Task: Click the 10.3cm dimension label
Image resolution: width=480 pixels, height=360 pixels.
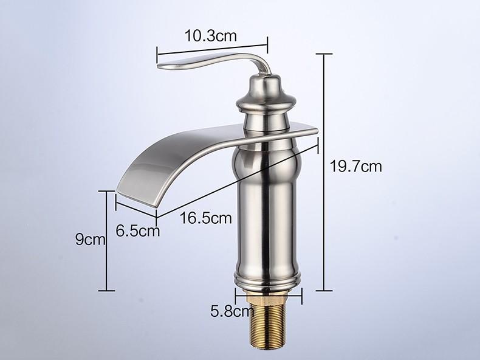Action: (210, 36)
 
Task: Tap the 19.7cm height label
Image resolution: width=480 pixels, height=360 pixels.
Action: (356, 166)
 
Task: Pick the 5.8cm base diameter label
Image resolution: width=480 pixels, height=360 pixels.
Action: (231, 313)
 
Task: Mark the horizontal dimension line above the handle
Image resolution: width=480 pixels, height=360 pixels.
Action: (212, 44)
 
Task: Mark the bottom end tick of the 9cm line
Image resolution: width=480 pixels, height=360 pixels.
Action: (108, 291)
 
